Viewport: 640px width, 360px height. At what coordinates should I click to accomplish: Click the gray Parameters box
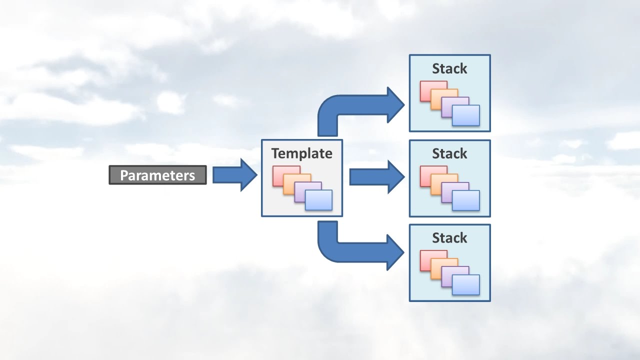(157, 175)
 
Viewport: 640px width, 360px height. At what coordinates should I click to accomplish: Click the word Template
(301, 153)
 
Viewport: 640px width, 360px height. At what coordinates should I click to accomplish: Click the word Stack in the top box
(449, 68)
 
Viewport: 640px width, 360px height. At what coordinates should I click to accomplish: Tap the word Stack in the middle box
(449, 153)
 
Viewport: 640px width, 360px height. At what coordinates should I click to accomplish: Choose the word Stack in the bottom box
(449, 238)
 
